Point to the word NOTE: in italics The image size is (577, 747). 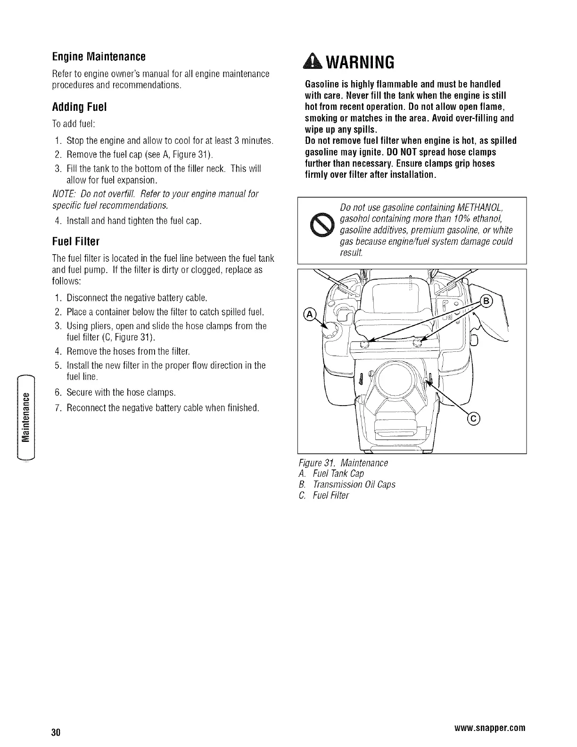click(x=64, y=194)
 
